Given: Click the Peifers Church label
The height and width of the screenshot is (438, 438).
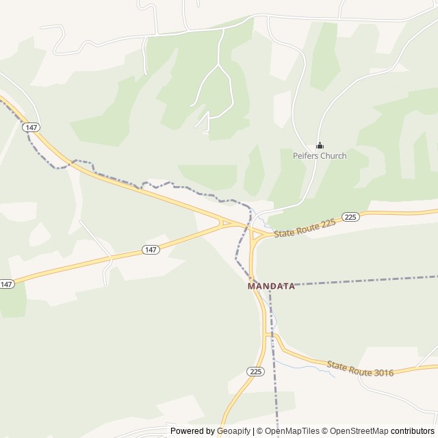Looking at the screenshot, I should (x=320, y=156).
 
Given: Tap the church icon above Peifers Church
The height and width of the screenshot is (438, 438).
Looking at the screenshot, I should (x=320, y=145).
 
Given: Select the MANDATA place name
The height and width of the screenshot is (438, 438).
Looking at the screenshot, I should (x=271, y=286).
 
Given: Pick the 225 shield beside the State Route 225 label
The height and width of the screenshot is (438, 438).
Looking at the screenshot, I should (x=350, y=217).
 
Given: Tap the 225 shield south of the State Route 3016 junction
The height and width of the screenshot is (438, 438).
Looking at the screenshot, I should (x=255, y=371).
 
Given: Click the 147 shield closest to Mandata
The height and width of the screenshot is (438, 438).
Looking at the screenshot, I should (x=151, y=250).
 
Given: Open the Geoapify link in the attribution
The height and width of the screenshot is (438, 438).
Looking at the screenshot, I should (x=233, y=431).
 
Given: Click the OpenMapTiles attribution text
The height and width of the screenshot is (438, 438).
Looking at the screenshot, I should (x=291, y=431).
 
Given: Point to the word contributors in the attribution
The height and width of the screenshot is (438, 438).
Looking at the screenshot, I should (x=413, y=431).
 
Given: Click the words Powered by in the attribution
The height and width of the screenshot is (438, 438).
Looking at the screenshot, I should (x=192, y=431).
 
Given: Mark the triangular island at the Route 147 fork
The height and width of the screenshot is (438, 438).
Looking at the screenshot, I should (x=227, y=222).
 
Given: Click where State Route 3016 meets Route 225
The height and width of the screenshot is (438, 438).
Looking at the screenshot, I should (x=270, y=335).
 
